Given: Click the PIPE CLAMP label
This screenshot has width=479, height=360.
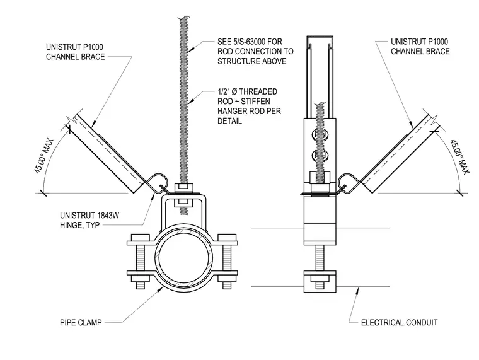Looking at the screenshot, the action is [x=81, y=322].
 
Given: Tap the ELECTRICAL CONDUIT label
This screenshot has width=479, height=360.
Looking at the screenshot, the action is [x=399, y=322].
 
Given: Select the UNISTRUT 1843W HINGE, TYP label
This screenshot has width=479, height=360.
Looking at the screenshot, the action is [x=89, y=220].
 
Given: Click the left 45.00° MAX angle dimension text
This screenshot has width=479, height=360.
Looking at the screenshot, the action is [x=43, y=156].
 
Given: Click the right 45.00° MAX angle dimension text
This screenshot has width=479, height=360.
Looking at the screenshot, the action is [x=459, y=157].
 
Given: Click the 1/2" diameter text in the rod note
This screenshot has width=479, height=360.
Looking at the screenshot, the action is [x=228, y=91].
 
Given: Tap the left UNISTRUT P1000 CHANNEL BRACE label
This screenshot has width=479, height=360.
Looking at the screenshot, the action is [x=76, y=52].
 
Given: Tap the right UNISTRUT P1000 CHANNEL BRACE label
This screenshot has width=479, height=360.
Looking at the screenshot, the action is [x=420, y=47].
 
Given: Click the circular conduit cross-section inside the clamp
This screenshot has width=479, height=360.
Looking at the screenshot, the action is [x=184, y=256].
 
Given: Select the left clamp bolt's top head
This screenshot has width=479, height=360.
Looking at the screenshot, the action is [x=140, y=238].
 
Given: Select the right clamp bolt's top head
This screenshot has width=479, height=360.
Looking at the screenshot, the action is [x=227, y=238].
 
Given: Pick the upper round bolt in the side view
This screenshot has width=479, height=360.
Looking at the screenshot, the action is [x=320, y=135].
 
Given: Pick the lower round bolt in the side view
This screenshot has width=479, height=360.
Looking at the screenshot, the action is [x=320, y=155].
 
